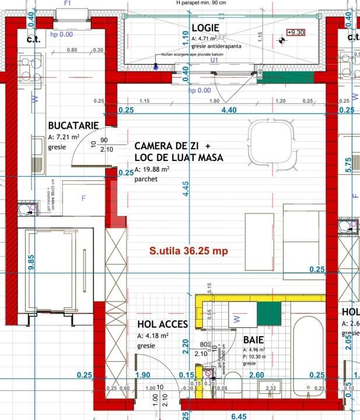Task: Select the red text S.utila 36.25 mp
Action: [188, 251]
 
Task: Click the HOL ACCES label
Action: [162, 324]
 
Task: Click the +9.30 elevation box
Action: [296, 33]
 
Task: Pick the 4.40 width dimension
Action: [229, 110]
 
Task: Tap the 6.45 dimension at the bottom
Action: [238, 416]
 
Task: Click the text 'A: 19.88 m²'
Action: [152, 169]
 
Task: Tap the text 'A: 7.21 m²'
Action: [64, 137]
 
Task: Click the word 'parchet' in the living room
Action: [146, 179]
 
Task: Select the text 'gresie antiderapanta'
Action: [216, 45]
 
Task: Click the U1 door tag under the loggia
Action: [214, 60]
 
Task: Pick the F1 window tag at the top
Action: [67, 3]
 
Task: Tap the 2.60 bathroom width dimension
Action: [256, 375]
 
